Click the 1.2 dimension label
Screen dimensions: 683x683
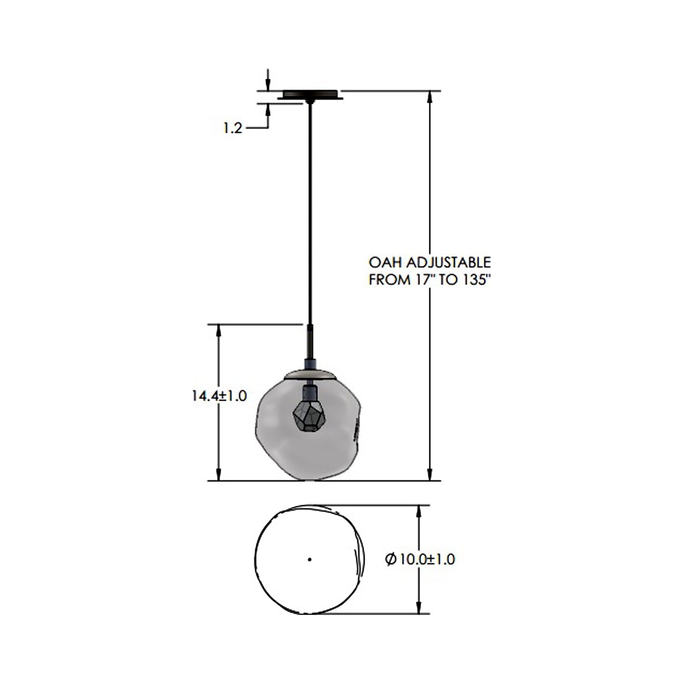(232, 128)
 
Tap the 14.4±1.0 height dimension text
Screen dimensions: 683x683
(219, 396)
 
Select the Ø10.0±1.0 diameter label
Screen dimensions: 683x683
(420, 559)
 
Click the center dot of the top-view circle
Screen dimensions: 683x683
(310, 559)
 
